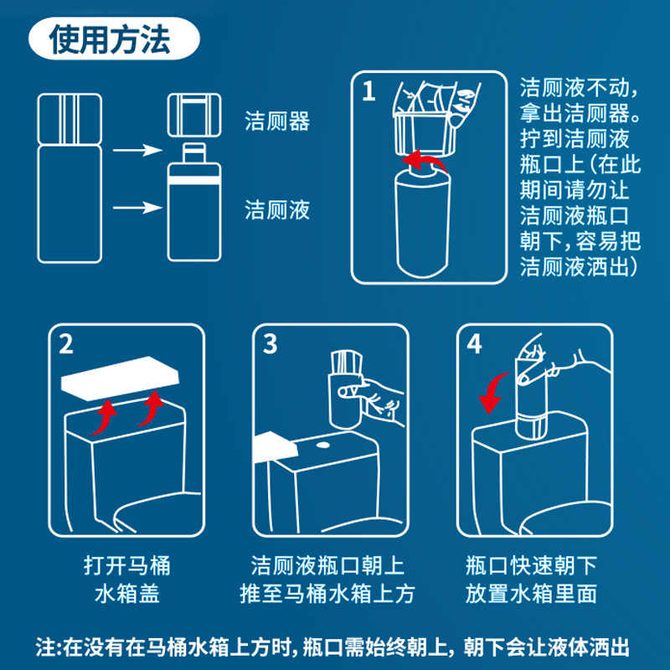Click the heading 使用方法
pyautogui.click(x=110, y=39)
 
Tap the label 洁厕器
pyautogui.click(x=277, y=121)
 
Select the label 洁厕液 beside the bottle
pyautogui.click(x=277, y=210)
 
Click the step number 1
pyautogui.click(x=368, y=91)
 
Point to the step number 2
pyautogui.click(x=66, y=344)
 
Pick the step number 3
pyautogui.click(x=270, y=344)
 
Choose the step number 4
pyautogui.click(x=474, y=344)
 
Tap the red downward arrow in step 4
pyautogui.click(x=492, y=391)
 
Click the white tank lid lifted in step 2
pyautogui.click(x=120, y=379)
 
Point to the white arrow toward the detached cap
pyautogui.click(x=137, y=150)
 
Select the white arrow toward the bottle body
pyautogui.click(x=137, y=208)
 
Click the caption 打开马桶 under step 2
pyautogui.click(x=127, y=565)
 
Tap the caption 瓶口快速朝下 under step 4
pyautogui.click(x=531, y=565)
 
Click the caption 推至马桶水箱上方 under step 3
pyautogui.click(x=327, y=594)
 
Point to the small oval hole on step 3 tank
pyautogui.click(x=323, y=446)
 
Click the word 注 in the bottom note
pyautogui.click(x=45, y=647)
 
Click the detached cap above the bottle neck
pyautogui.click(x=194, y=115)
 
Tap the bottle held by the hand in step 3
pyautogui.click(x=345, y=389)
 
